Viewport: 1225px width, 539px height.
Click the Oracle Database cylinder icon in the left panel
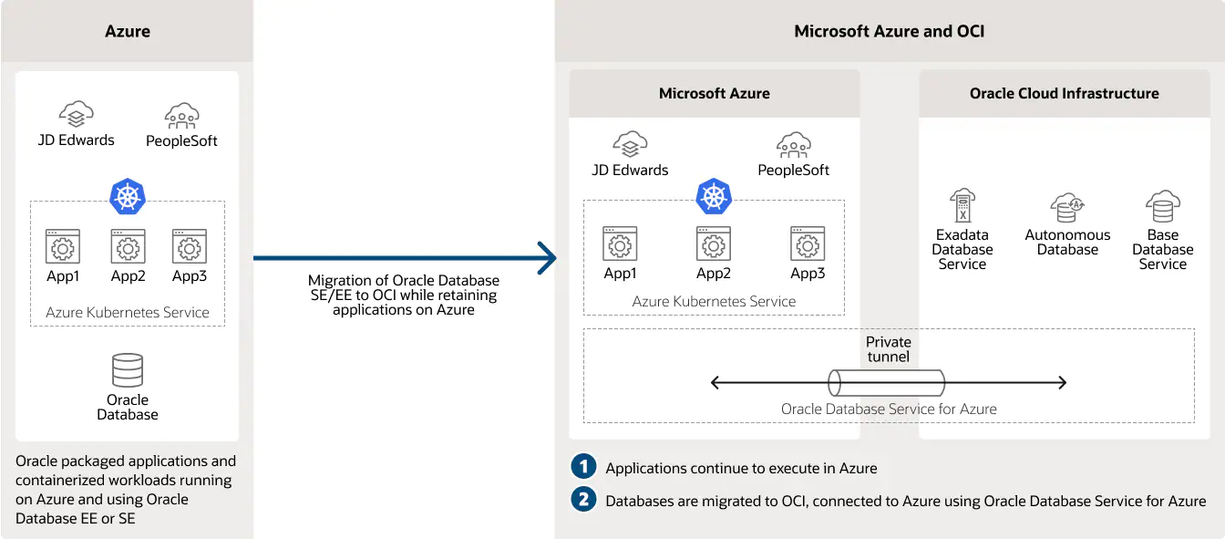pos(128,370)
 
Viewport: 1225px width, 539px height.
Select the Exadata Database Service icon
pos(962,206)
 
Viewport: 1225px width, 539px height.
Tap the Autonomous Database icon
pos(1067,207)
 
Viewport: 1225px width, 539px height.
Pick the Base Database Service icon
pos(1163,206)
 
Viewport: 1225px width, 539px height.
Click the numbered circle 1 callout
pos(582,467)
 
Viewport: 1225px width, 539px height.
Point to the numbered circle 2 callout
pos(582,500)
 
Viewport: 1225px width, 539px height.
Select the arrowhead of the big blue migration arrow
pos(547,258)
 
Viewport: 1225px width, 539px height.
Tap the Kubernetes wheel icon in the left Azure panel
pos(128,196)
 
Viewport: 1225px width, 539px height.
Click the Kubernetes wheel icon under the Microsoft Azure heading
pos(714,196)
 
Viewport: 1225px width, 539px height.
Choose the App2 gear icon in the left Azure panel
pos(128,246)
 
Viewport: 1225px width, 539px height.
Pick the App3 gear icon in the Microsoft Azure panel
pos(808,244)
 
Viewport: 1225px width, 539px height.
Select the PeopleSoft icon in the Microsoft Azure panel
pos(794,145)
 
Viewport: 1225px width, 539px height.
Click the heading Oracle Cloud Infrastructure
pos(1064,93)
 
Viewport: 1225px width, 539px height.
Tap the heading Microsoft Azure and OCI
pos(889,31)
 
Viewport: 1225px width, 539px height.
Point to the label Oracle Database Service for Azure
pos(889,409)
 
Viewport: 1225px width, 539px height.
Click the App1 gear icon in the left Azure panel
pos(63,246)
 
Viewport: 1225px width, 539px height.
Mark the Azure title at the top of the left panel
pos(128,31)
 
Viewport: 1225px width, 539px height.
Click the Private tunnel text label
pos(888,349)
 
